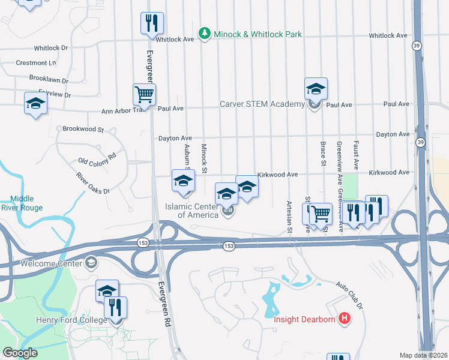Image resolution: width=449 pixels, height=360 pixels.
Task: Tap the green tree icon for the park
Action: (x=205, y=33)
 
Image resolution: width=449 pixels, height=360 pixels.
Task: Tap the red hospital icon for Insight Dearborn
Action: (x=345, y=318)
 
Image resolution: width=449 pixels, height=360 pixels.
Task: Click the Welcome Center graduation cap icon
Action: (x=91, y=262)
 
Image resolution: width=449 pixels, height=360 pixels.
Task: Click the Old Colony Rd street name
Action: (x=97, y=161)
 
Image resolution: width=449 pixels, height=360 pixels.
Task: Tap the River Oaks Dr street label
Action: (x=93, y=183)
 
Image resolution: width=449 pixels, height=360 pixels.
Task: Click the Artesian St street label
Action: (x=289, y=217)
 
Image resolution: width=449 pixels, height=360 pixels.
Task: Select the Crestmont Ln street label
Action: (x=36, y=62)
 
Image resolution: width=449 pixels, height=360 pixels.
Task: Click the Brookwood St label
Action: (x=83, y=129)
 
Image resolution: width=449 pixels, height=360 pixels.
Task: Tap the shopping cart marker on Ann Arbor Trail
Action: (x=144, y=94)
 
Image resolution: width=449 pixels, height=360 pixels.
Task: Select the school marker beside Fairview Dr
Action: (x=35, y=103)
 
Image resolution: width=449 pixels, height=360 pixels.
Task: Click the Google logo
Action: (x=20, y=353)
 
